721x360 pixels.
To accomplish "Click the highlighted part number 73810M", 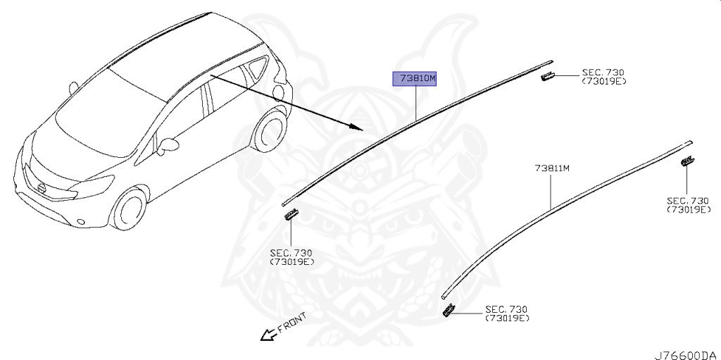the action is (x=415, y=78).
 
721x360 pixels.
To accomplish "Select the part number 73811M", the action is (x=551, y=168).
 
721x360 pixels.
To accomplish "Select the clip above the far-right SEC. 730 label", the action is (x=686, y=163).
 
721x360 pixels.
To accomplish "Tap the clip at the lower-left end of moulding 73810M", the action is (x=290, y=214).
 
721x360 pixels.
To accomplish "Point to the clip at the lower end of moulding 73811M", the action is (x=448, y=312).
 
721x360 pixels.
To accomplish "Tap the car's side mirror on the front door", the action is (x=168, y=146).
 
